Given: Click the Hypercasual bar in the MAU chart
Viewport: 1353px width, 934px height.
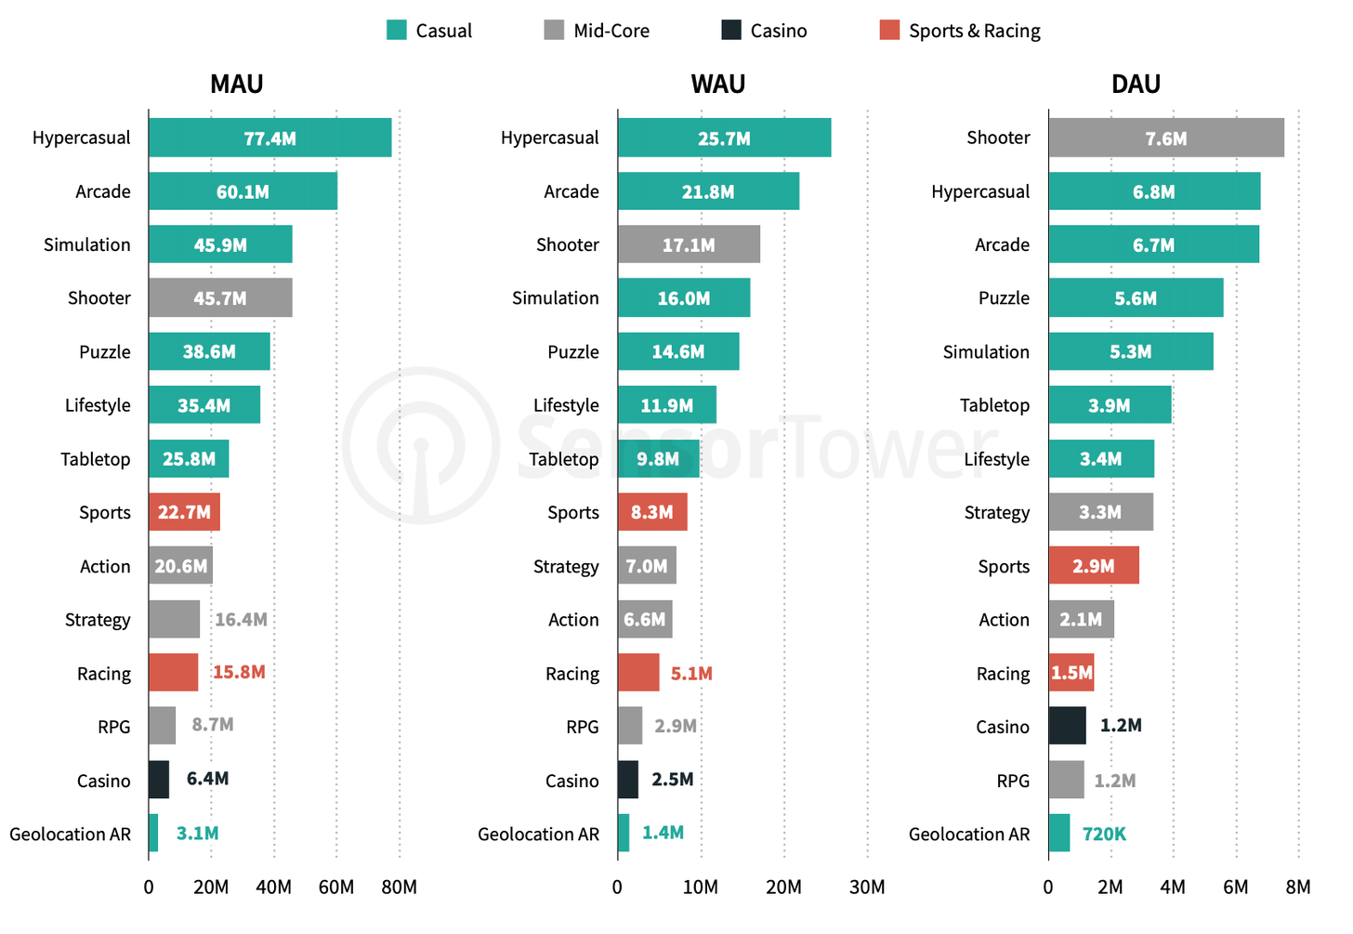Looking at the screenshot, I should pyautogui.click(x=269, y=138).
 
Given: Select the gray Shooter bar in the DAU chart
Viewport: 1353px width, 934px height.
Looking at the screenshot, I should pyautogui.click(x=1165, y=138).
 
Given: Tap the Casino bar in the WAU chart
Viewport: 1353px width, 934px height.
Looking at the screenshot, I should pyautogui.click(x=628, y=780).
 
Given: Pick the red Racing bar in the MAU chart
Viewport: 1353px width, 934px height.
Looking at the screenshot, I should pyautogui.click(x=174, y=673).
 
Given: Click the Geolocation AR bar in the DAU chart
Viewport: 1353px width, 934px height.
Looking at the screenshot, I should pyautogui.click(x=1059, y=834).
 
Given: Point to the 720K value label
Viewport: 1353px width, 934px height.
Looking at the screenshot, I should pyautogui.click(x=1104, y=834).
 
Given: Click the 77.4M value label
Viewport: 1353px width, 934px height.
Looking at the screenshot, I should pyautogui.click(x=269, y=138).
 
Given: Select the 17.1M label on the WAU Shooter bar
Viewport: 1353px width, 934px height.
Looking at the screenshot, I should pyautogui.click(x=689, y=245).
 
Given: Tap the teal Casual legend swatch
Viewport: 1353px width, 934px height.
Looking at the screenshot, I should pyautogui.click(x=397, y=31).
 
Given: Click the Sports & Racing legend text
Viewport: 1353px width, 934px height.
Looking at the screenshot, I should pyautogui.click(x=974, y=31).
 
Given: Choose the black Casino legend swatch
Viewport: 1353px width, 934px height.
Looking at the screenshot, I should pyautogui.click(x=731, y=31).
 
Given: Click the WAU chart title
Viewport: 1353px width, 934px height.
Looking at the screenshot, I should pyautogui.click(x=718, y=85).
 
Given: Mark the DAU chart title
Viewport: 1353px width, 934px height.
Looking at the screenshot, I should pyautogui.click(x=1136, y=85).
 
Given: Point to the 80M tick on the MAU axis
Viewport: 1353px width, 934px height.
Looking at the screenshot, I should pyautogui.click(x=400, y=888).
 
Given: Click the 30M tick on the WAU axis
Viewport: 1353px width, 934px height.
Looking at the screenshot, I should pyautogui.click(x=867, y=888).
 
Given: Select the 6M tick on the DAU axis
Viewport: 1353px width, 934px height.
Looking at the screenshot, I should pyautogui.click(x=1235, y=888).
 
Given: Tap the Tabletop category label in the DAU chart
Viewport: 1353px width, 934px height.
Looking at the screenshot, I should pyautogui.click(x=994, y=405).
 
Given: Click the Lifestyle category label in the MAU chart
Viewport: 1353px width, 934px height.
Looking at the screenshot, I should pyautogui.click(x=98, y=405).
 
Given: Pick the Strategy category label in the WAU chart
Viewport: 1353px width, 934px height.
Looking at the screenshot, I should pyautogui.click(x=566, y=567).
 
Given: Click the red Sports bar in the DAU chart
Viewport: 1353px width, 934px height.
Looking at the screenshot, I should pyautogui.click(x=1094, y=566).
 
